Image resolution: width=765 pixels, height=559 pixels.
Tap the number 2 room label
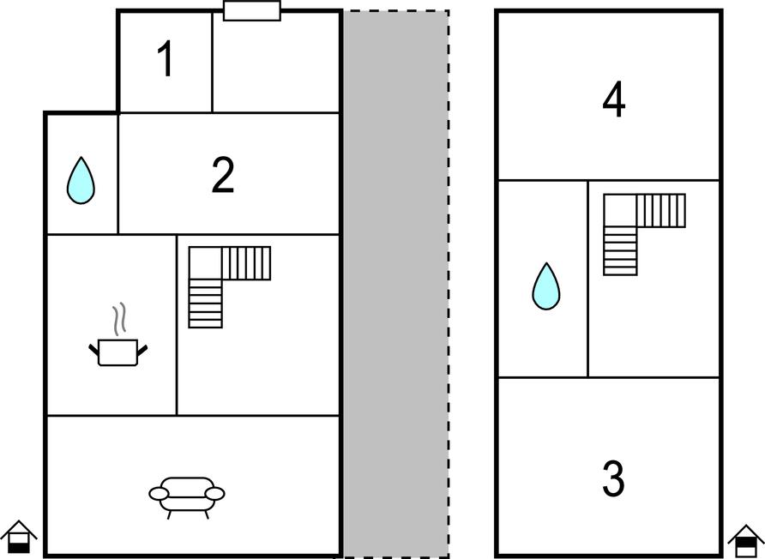[223, 175]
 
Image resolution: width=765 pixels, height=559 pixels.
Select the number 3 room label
[613, 478]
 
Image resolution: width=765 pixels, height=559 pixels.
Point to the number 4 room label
[614, 100]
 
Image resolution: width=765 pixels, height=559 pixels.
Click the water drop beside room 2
[81, 180]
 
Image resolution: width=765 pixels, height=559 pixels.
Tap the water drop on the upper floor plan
[546, 286]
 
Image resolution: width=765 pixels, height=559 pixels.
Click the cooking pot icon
[118, 352]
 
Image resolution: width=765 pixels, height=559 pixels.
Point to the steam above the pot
[119, 319]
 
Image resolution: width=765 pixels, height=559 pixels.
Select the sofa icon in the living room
[187, 497]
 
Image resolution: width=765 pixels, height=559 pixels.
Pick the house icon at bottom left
[19, 537]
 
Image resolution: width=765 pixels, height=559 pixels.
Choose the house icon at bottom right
[746, 541]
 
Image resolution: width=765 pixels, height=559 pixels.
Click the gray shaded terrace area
[395, 284]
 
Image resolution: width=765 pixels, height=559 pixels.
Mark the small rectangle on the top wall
[252, 11]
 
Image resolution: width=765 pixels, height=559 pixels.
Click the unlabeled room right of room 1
[275, 62]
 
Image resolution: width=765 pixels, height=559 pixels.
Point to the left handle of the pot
[93, 349]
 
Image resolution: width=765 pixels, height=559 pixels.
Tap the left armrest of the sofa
[159, 494]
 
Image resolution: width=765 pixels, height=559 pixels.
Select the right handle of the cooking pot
[142, 350]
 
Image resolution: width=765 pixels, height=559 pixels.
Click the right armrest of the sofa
[215, 494]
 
